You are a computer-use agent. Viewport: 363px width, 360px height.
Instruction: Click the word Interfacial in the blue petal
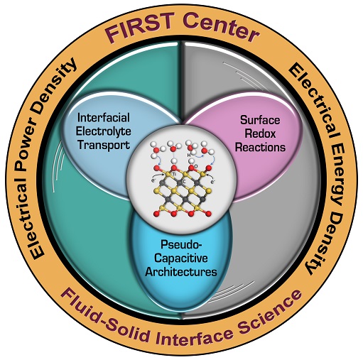104,118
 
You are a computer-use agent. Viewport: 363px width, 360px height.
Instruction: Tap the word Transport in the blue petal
104,145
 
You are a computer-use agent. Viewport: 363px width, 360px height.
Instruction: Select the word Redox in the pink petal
260,133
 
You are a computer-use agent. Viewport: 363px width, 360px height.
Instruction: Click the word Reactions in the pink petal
260,147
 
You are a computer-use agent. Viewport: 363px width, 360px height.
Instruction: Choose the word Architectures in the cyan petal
181,271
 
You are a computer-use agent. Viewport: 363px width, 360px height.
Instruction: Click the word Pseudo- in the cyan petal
181,244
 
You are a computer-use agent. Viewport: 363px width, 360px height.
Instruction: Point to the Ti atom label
174,174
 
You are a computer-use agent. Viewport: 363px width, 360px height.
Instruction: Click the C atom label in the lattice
184,182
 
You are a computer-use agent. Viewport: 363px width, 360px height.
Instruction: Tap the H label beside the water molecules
189,156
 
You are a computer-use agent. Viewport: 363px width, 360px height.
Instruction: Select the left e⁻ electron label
153,180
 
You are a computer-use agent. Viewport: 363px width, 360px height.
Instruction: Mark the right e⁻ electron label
213,182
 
